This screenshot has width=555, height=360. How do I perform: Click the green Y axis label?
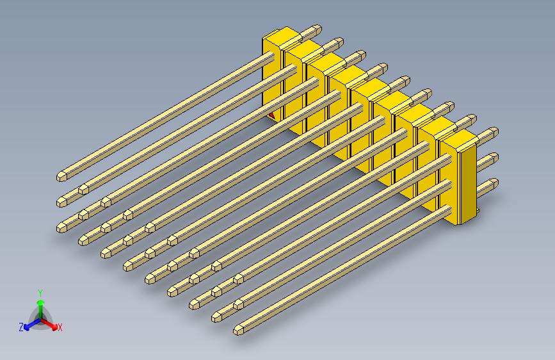coord(40,291)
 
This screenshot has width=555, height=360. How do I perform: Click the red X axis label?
coord(60,328)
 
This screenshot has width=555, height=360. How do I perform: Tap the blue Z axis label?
coord(21,327)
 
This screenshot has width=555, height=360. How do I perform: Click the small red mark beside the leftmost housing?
coord(271,116)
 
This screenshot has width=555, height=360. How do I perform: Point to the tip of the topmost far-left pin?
coord(63,174)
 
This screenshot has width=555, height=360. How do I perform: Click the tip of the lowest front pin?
coord(238,330)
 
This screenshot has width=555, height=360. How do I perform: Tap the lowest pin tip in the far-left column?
coord(63,226)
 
